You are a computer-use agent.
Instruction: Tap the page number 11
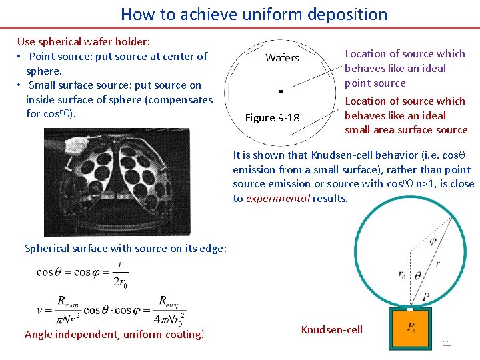pyautogui.click(x=447, y=343)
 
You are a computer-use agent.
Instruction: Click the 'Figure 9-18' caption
pyautogui.click(x=273, y=118)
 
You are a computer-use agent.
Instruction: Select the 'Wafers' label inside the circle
pyautogui.click(x=282, y=58)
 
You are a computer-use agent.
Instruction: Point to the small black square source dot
pyautogui.click(x=281, y=90)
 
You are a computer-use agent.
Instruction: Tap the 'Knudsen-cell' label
pyautogui.click(x=332, y=330)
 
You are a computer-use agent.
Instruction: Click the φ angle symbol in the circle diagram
pyautogui.click(x=432, y=240)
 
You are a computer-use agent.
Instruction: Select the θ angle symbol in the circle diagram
pyautogui.click(x=418, y=275)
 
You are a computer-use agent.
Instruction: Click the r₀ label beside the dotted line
pyautogui.click(x=401, y=273)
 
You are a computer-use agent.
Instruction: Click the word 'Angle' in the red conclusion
pyautogui.click(x=39, y=335)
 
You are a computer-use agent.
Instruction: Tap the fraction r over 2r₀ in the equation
pyautogui.click(x=121, y=272)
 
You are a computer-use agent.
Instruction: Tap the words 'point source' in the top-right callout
pyautogui.click(x=375, y=83)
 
